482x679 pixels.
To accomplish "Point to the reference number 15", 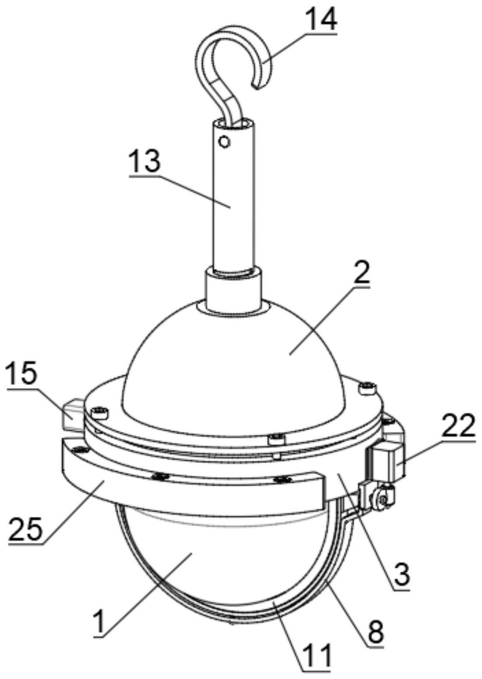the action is pos(22,373).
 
